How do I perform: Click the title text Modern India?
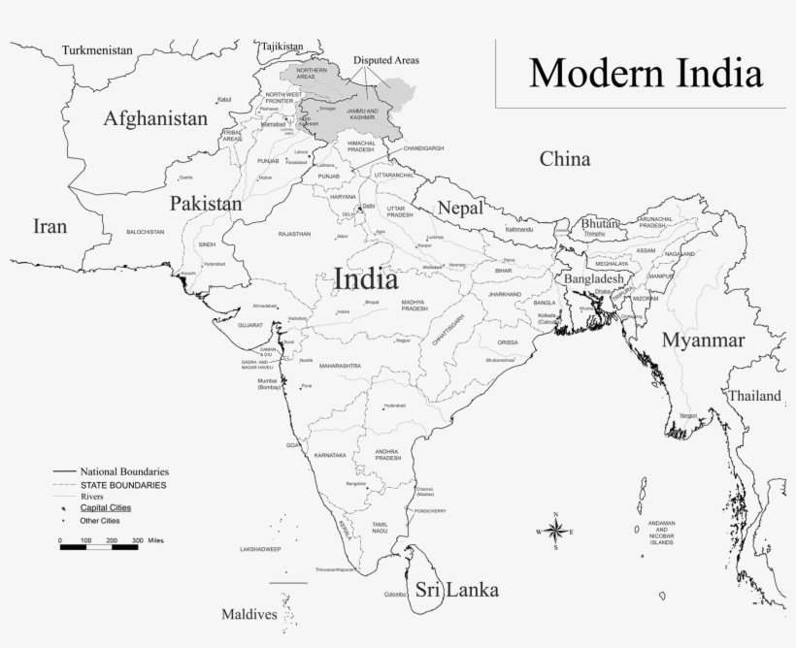[645, 74]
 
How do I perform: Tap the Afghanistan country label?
[155, 119]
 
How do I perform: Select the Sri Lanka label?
[456, 590]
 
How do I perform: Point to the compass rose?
[555, 531]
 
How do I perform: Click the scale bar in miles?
[99, 547]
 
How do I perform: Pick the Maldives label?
[249, 614]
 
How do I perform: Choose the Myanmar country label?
[704, 340]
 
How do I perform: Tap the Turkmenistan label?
[96, 50]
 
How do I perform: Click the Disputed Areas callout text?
[386, 60]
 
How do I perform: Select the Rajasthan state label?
[294, 234]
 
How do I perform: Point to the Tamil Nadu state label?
[380, 527]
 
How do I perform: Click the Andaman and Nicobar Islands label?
[662, 533]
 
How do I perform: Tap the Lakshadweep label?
[260, 549]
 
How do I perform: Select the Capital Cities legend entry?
[105, 507]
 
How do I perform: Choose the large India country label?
[365, 279]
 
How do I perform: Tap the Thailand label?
[755, 396]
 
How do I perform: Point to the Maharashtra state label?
[340, 366]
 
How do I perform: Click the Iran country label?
[50, 227]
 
